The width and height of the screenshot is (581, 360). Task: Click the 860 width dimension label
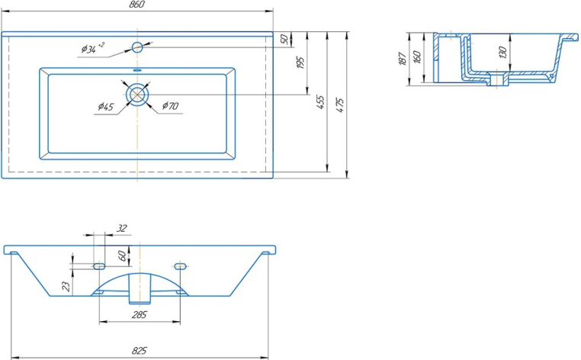[x=137, y=5]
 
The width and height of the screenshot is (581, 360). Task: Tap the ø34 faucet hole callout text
[x=92, y=48]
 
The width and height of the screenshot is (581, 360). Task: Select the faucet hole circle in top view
[x=137, y=47]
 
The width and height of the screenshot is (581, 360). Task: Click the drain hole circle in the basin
[x=137, y=94]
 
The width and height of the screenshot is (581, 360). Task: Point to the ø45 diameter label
[x=106, y=107]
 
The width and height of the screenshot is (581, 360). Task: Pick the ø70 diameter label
[x=171, y=106]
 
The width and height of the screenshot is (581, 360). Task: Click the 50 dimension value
[x=284, y=39]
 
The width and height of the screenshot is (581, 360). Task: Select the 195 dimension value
[x=300, y=63]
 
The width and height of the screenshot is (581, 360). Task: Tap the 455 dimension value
[x=320, y=102]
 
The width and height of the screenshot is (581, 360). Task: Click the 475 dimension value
[x=340, y=105]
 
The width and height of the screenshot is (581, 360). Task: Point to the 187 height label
[x=403, y=59]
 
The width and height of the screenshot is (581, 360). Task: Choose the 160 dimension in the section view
[x=417, y=57]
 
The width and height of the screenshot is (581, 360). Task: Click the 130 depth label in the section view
[x=502, y=53]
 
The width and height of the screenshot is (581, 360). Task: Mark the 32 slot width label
[x=121, y=228]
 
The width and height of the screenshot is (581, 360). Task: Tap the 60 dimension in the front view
[x=122, y=256]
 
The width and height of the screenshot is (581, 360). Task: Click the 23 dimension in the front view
[x=66, y=286]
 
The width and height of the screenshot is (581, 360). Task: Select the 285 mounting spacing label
[x=140, y=315]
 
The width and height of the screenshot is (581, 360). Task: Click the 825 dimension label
[x=140, y=350]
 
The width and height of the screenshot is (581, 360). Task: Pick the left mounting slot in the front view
[x=99, y=266]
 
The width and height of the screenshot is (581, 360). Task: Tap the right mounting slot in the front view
[x=180, y=266]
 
